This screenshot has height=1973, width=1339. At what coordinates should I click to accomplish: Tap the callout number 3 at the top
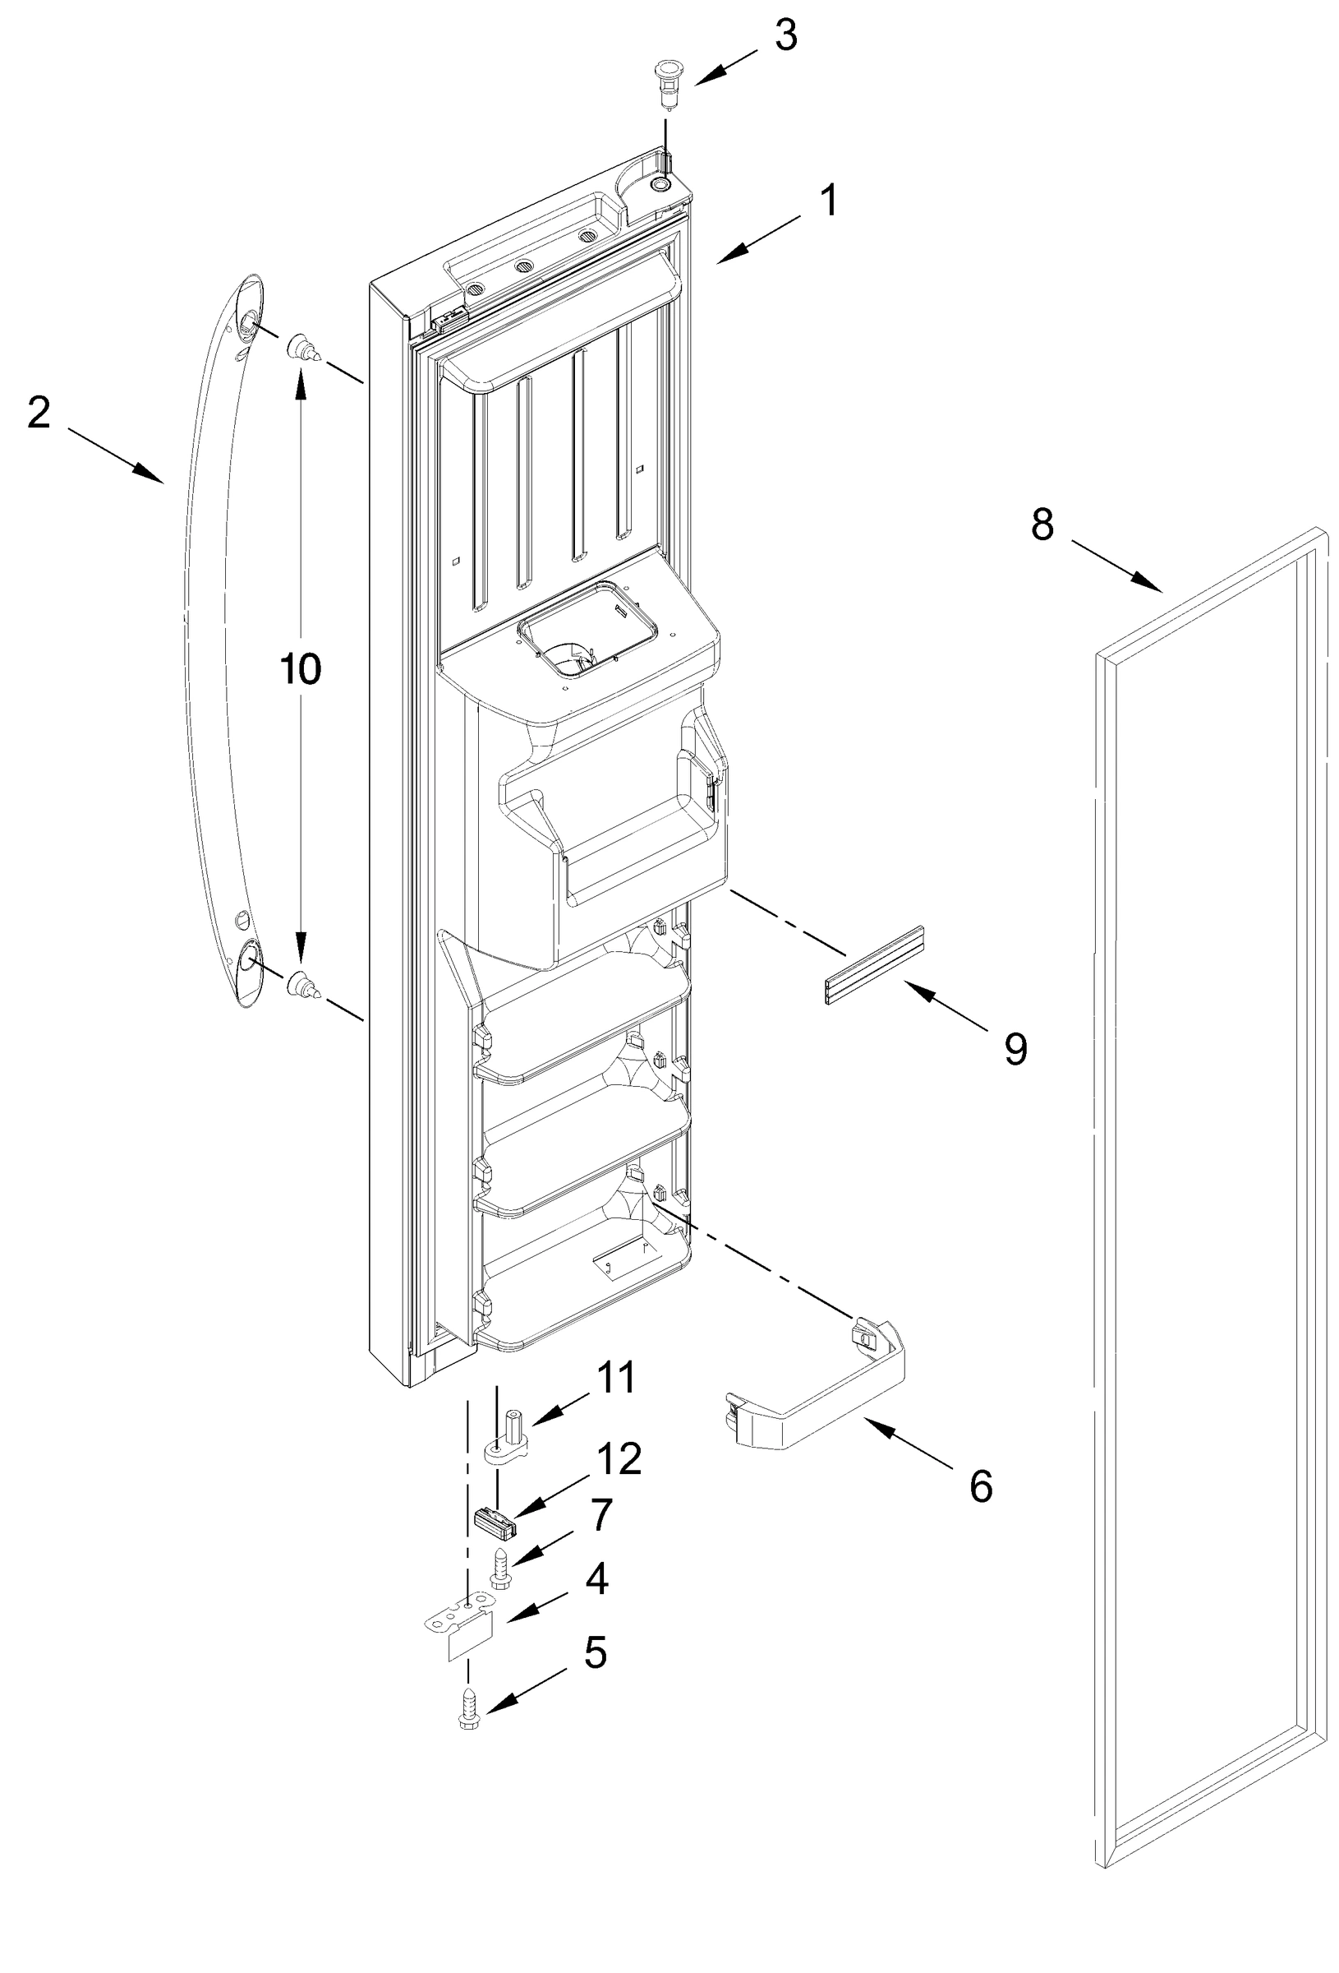tap(786, 36)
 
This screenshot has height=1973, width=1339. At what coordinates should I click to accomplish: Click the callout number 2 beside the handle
tap(39, 414)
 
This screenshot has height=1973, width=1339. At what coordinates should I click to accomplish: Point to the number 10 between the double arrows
tap(301, 670)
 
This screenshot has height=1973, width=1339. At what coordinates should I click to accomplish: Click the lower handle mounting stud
tap(301, 985)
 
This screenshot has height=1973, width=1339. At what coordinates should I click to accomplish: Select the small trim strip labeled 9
tap(874, 965)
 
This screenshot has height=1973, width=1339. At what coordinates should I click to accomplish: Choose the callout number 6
tap(980, 1486)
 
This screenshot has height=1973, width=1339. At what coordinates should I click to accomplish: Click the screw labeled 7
tap(499, 1565)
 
